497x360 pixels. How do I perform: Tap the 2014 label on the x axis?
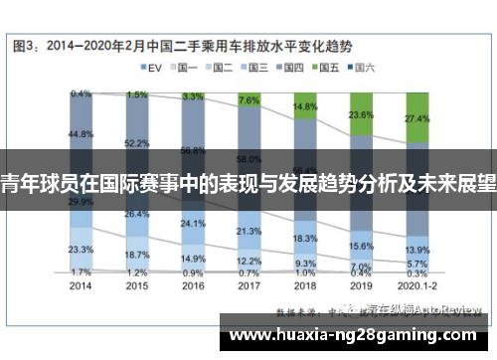(x=82, y=284)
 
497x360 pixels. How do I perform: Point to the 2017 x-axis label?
(x=249, y=284)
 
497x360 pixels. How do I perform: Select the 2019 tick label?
(x=361, y=284)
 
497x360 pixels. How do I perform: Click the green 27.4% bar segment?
(x=417, y=118)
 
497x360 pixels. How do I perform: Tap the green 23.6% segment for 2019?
(x=361, y=114)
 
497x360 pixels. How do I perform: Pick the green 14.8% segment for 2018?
(x=305, y=105)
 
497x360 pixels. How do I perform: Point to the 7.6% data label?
(x=249, y=99)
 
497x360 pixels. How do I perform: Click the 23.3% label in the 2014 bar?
(x=82, y=250)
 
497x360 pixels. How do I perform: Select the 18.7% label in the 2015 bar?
(x=137, y=255)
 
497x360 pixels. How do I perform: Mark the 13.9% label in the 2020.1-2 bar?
(x=417, y=251)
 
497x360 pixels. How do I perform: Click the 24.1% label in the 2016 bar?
(x=193, y=224)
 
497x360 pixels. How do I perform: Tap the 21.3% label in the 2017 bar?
(x=249, y=231)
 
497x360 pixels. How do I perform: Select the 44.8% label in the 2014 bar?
(x=82, y=133)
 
